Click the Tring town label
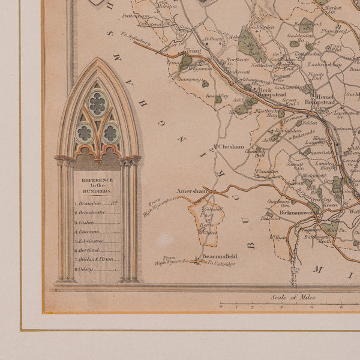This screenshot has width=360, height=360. click(192, 52)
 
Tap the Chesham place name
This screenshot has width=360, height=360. click(231, 146)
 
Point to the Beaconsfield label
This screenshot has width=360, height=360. click(220, 256)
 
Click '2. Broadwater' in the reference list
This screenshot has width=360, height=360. click(96, 212)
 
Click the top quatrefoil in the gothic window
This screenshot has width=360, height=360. click(98, 103)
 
